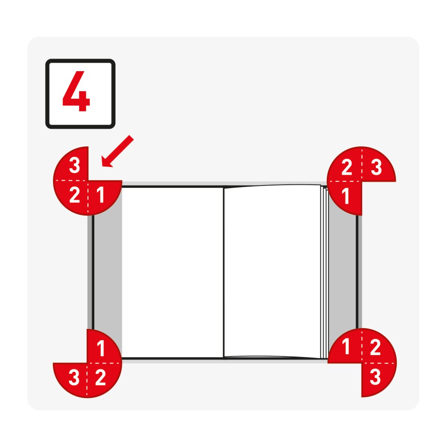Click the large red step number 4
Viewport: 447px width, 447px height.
click(76, 91)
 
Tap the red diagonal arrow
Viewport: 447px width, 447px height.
click(117, 151)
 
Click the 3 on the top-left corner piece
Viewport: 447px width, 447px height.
click(75, 165)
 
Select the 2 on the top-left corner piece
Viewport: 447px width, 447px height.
click(75, 195)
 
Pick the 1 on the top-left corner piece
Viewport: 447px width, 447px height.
click(100, 195)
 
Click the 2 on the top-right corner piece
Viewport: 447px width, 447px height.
click(347, 167)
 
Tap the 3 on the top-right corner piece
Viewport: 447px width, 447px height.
click(376, 167)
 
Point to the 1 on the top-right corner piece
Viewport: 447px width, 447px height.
click(345, 196)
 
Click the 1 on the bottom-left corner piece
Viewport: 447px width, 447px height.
click(101, 349)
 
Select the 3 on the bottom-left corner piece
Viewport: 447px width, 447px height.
click(74, 378)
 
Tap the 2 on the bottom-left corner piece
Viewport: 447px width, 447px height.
click(101, 378)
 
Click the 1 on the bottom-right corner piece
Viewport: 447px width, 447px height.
click(346, 346)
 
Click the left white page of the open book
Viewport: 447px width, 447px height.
click(172, 273)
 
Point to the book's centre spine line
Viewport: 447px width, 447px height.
click(223, 273)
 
